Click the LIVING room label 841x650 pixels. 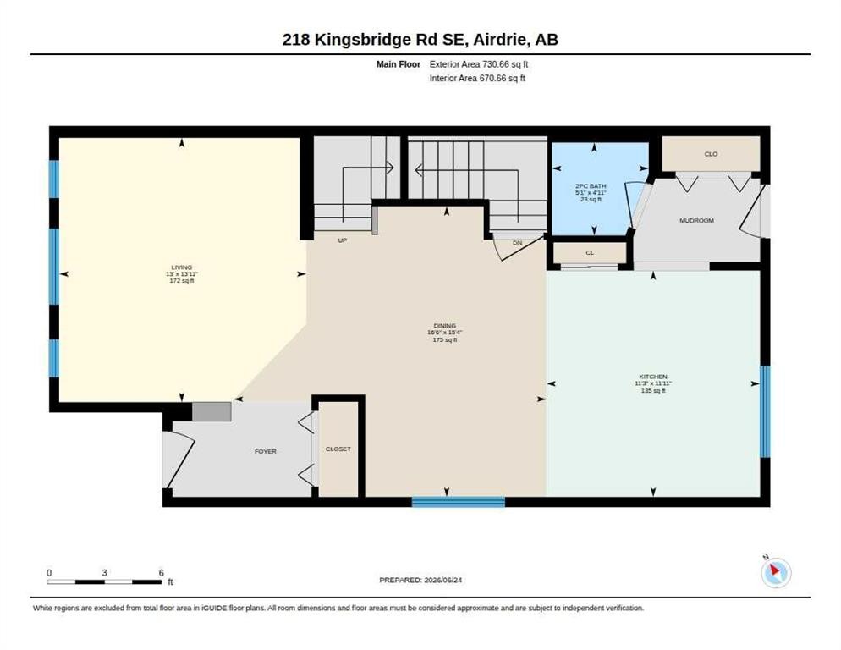(182, 267)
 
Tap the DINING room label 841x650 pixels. (445, 326)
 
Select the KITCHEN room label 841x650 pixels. (652, 377)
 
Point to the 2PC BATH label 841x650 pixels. (591, 185)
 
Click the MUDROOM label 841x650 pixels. (696, 221)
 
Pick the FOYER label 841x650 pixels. (266, 451)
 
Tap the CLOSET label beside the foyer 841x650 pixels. (338, 449)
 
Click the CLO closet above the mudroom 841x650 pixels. (711, 154)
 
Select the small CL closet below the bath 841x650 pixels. (590, 252)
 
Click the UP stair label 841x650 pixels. (342, 240)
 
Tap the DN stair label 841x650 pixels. (517, 243)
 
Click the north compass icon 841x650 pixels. (776, 572)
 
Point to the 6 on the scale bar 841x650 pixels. (161, 573)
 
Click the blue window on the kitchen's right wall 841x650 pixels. (766, 411)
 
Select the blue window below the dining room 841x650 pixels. (458, 502)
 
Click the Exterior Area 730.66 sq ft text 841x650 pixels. (478, 64)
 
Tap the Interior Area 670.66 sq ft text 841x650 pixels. (477, 79)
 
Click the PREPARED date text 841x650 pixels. (420, 581)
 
